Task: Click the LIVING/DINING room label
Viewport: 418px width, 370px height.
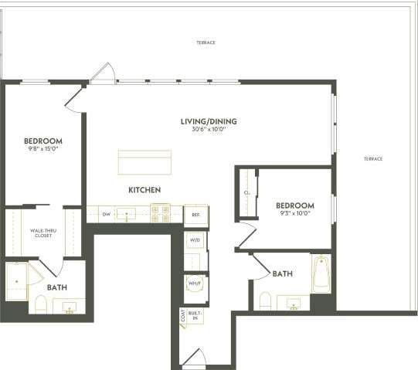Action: point(209,121)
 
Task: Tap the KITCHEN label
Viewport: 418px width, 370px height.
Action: point(144,189)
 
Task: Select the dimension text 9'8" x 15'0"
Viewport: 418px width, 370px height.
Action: point(43,150)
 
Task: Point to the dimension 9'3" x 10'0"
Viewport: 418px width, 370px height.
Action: point(294,213)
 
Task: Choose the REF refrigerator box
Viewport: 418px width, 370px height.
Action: point(196,214)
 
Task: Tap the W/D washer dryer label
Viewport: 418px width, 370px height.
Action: point(195,240)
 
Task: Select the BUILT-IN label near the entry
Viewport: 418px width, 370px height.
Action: point(195,315)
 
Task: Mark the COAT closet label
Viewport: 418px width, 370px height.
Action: point(182,315)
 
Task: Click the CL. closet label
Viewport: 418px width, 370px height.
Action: point(246,193)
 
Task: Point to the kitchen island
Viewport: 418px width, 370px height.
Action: point(144,162)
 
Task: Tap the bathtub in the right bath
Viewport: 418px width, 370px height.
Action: point(321,274)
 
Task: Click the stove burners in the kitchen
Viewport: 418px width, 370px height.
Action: point(160,213)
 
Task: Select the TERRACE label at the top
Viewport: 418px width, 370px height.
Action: point(206,42)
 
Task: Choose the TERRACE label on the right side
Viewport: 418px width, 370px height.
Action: point(373,158)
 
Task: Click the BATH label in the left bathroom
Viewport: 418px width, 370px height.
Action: point(56,287)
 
